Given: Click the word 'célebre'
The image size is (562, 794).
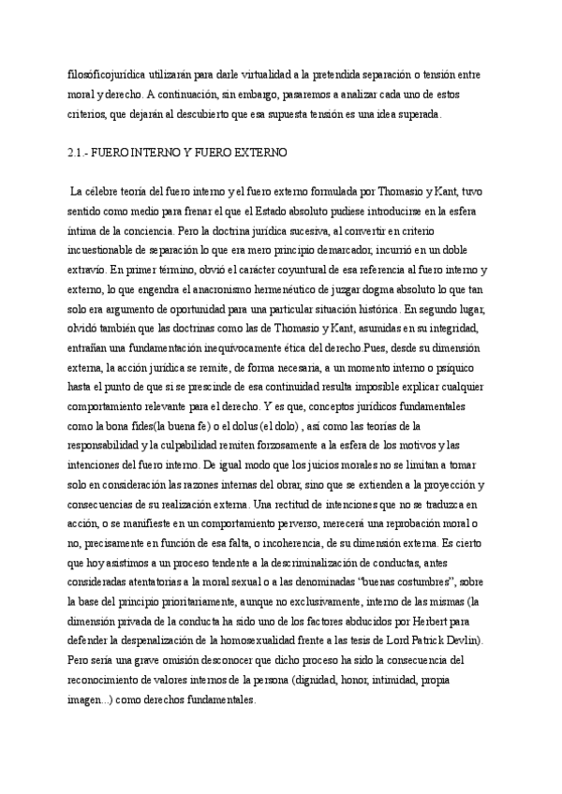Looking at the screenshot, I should click(103, 192).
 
